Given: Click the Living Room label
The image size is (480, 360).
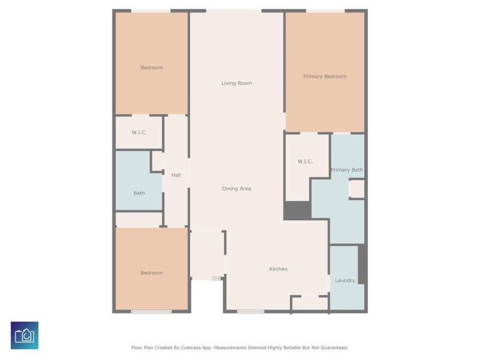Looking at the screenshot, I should pos(237,83).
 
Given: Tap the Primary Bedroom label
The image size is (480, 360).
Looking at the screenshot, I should pos(325,77).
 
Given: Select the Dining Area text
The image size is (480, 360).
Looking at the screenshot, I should pos(237,189).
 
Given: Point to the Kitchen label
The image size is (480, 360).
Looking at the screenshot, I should pos(278,269).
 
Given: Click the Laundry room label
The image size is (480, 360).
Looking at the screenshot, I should pos(345,281).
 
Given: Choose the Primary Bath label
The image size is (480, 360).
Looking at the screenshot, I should pos(346,170).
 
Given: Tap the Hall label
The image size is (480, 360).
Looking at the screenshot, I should pos(176,175).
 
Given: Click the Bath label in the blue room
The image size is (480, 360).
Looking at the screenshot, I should pos(139,193).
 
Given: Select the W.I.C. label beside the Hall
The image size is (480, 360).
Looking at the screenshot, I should pos(139,133).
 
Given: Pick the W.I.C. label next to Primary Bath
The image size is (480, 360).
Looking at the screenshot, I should pos(305,162).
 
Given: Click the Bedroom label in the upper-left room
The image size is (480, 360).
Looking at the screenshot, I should pos(151,67).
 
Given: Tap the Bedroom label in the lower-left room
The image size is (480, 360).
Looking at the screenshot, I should pos(151,273).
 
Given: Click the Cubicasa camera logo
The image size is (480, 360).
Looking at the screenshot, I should pos(25,335).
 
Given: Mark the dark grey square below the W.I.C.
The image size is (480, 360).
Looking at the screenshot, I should pos(297,210).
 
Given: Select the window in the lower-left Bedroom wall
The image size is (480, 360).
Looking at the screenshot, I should pos(151,311).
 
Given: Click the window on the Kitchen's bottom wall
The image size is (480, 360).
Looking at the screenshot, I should pos(250,311).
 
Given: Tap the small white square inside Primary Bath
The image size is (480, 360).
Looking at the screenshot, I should pos(357,189).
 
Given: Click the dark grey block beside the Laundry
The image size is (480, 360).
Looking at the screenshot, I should pos(362,264).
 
